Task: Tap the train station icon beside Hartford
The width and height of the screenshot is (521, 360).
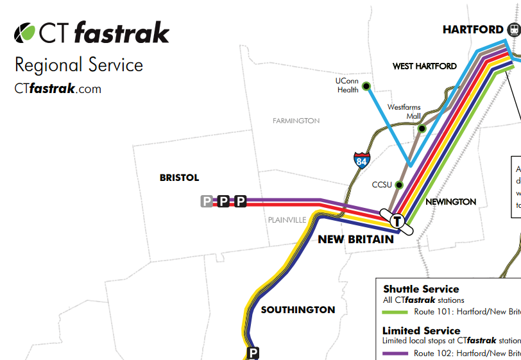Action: point(513,30)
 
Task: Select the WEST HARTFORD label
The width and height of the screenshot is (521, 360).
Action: point(425,66)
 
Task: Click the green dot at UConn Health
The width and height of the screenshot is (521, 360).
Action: point(366,86)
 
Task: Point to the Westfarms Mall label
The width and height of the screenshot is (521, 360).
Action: point(404,112)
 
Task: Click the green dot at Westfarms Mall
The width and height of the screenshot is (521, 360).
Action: point(422,128)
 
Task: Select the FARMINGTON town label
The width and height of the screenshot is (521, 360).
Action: point(296,121)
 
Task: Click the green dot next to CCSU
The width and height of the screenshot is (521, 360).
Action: point(398,185)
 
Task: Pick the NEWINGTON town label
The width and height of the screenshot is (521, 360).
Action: point(450,201)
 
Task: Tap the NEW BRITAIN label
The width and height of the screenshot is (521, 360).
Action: point(355,239)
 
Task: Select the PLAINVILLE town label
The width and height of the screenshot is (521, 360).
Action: point(287,219)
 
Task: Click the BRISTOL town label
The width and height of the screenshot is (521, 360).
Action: point(179,178)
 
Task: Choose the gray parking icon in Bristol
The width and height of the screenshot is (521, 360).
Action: point(207,201)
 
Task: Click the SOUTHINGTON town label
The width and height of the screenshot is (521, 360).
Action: point(298,310)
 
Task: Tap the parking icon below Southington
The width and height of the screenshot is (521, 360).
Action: point(253,352)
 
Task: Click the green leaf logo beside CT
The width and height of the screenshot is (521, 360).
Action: point(25,31)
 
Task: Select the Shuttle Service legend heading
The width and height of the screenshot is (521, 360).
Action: point(421,289)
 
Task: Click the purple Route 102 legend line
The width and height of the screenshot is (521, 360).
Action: point(395,353)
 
